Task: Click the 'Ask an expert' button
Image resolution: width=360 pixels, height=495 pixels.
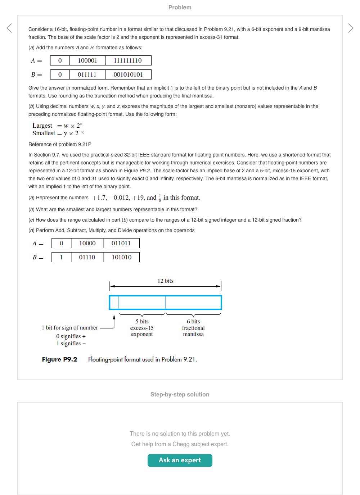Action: (x=180, y=460)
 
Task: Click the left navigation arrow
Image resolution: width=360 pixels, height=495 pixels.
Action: (x=9, y=28)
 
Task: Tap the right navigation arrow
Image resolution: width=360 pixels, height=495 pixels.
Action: (x=351, y=28)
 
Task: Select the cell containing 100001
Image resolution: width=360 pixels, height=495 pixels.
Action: (x=87, y=60)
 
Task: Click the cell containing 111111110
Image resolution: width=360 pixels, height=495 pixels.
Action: (x=128, y=60)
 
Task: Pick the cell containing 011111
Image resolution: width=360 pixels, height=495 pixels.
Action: (x=87, y=74)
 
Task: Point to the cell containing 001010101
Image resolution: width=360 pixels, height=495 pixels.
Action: (x=128, y=74)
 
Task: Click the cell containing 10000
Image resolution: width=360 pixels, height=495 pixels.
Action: (x=87, y=243)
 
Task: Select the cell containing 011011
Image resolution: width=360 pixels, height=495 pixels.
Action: (x=121, y=243)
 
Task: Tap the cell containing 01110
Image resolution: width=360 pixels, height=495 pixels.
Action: (x=87, y=257)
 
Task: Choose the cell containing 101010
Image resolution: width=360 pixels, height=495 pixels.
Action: (x=121, y=257)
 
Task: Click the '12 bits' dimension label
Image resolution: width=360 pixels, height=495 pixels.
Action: (x=165, y=281)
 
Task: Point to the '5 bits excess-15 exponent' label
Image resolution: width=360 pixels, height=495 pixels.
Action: (x=142, y=328)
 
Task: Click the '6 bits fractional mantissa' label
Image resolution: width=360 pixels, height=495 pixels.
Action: (x=193, y=328)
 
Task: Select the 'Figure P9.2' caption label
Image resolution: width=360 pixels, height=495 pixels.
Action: (x=60, y=359)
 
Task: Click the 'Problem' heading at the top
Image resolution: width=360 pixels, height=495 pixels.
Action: (x=180, y=7)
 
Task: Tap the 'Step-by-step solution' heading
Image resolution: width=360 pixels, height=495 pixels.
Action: (x=180, y=394)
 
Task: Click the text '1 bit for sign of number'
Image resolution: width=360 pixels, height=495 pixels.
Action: (x=70, y=328)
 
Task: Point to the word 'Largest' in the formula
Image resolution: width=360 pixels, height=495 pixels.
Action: (x=42, y=126)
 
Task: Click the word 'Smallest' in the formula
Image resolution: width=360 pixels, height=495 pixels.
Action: (x=44, y=133)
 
